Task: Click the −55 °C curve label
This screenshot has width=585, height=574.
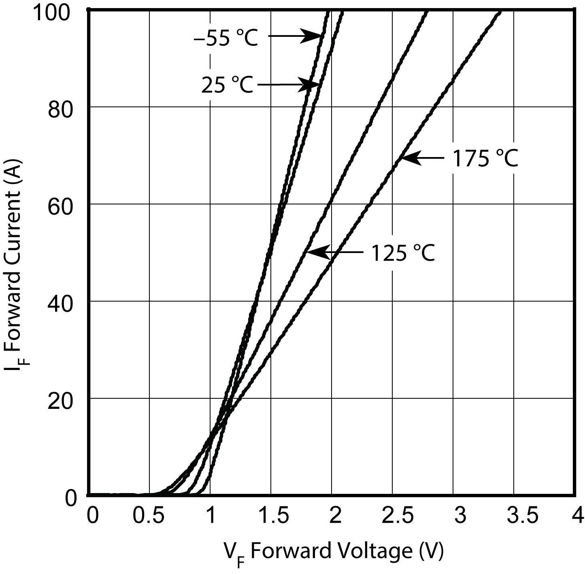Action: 225,38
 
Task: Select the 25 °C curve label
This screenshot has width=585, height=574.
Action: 227,85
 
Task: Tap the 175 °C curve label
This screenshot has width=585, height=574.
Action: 485,158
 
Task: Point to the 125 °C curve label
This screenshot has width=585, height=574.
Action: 402,253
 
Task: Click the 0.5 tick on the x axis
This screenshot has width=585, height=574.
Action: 150,516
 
